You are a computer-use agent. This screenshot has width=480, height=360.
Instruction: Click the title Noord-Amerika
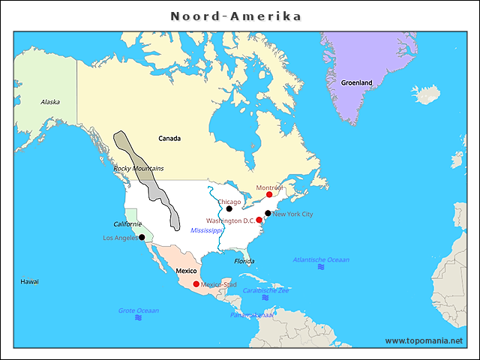tap(235, 16)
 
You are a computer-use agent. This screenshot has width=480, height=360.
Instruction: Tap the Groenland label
tap(356, 82)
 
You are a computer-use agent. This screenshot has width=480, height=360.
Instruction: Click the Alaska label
tap(50, 102)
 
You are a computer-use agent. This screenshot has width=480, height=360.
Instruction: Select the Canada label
tap(169, 139)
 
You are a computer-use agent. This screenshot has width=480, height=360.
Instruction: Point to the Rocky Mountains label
tap(138, 169)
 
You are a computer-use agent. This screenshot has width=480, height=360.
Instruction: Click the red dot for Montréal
tap(269, 194)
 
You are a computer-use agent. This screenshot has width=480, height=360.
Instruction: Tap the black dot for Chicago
tap(229, 208)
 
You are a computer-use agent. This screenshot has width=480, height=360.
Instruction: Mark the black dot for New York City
tap(268, 213)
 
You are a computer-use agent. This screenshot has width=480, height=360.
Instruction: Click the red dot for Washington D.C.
tap(259, 220)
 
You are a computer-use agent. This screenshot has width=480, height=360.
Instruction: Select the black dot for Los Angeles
tap(142, 237)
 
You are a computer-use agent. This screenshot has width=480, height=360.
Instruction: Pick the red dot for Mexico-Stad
tap(196, 283)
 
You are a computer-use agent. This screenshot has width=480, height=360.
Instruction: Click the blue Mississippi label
tap(207, 230)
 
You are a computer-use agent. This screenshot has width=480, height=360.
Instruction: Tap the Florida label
tap(244, 261)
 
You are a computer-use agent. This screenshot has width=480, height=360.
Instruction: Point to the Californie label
tap(127, 224)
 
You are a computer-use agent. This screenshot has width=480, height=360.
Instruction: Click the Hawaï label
tap(29, 281)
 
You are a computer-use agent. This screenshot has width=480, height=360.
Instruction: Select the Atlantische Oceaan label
tap(321, 259)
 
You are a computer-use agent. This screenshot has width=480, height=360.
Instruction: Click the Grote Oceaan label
tap(138, 310)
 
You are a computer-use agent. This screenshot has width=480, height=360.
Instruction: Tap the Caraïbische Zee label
tap(265, 289)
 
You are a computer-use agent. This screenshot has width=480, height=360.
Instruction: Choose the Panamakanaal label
tap(253, 315)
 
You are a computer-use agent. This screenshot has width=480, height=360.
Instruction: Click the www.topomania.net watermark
tap(424, 340)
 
